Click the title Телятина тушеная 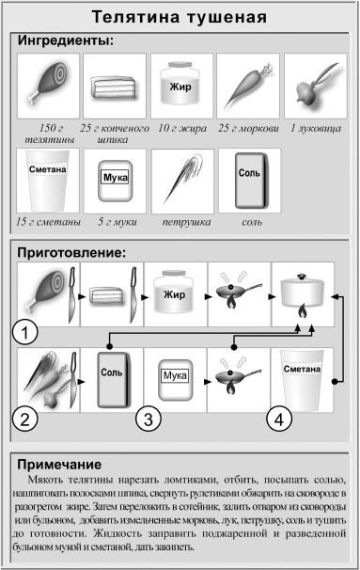[x=180, y=17]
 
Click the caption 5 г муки [x=114, y=222]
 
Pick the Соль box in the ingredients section [x=249, y=179]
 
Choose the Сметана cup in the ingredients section [x=46, y=181]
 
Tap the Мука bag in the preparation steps [x=177, y=379]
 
